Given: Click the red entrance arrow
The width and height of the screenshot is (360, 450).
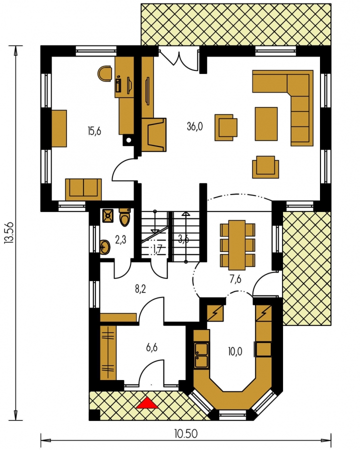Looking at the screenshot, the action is click(x=147, y=402).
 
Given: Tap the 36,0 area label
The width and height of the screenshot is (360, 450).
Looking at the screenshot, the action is click(x=194, y=126).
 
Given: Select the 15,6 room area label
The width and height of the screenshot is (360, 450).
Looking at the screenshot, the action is click(x=94, y=131).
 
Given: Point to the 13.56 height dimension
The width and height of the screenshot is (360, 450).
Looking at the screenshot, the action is click(x=9, y=232).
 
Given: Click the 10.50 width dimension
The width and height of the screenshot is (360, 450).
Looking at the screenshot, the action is click(x=185, y=433).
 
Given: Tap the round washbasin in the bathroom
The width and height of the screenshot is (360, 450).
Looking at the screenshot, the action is click(x=105, y=247).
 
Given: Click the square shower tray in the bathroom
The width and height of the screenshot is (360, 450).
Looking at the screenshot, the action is click(x=107, y=216).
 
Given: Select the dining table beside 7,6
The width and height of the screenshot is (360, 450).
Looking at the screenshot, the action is click(x=237, y=245).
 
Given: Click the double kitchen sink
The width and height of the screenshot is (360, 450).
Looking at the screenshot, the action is click(x=201, y=355).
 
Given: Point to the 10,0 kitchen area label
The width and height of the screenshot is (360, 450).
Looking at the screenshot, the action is click(x=235, y=351).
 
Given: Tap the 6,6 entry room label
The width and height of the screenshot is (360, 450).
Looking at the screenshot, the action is click(x=151, y=347).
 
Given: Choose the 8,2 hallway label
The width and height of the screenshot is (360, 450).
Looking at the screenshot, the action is click(x=140, y=288).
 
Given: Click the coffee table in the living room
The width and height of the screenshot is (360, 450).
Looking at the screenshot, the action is click(x=266, y=124).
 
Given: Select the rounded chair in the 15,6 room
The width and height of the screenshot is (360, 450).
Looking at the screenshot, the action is click(x=104, y=73).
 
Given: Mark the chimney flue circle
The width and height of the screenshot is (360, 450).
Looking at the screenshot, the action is click(x=129, y=140).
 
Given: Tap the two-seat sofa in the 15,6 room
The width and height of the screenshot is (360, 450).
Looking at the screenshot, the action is click(x=83, y=189).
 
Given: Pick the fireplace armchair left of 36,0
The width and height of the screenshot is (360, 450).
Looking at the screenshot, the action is click(x=154, y=134).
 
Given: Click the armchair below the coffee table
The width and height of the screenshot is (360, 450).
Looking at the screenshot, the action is click(x=265, y=167).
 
